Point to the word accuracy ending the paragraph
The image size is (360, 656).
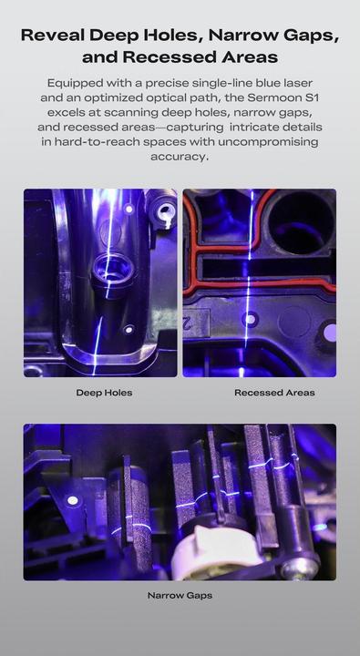[180, 157]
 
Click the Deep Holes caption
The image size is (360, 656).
[104, 393]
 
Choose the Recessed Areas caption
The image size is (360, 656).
[274, 393]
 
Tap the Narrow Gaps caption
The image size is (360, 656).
[180, 595]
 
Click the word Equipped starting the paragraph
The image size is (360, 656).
[67, 83]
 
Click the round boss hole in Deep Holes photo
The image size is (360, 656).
[113, 271]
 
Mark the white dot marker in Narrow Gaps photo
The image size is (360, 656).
[73, 500]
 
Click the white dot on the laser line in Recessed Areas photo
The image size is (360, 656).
[250, 320]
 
